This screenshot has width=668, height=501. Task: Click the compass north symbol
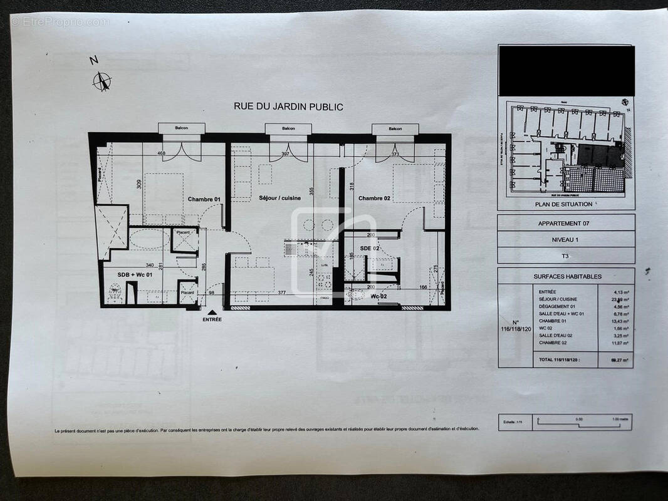102,81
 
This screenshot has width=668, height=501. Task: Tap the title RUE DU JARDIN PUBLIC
288,106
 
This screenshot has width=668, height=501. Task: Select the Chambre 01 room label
204,199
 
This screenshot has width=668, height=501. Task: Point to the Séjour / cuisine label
279,198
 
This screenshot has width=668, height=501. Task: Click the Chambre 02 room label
375,199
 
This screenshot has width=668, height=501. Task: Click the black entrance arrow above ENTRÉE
212,311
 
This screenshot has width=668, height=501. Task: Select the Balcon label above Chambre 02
395,128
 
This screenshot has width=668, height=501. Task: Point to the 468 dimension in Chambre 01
161,153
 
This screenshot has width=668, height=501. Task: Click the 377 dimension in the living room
282,292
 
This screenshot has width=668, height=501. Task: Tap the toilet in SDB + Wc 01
115,292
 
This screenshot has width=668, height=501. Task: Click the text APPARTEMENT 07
564,223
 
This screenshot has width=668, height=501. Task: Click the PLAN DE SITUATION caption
563,204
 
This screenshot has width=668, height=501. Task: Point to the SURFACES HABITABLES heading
567,276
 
